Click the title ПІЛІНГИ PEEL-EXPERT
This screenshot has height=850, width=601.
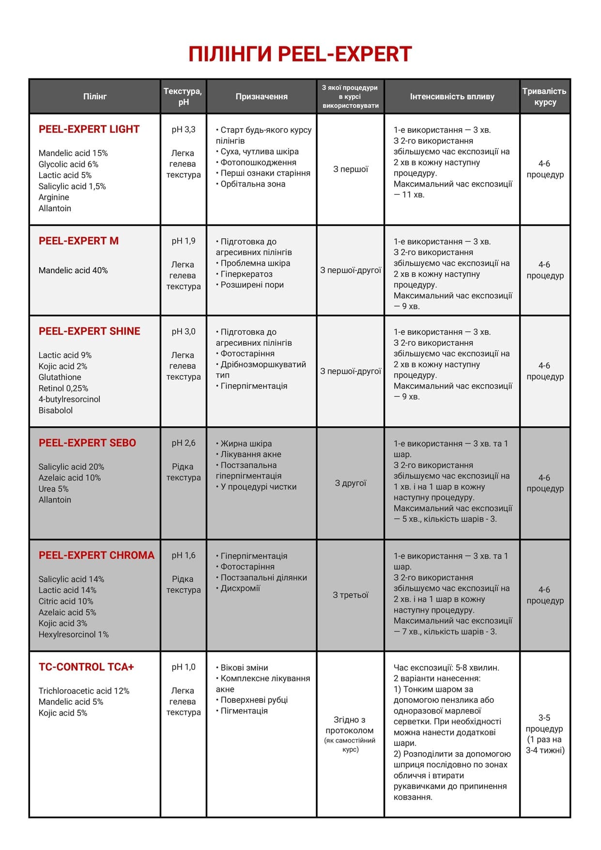(x=300, y=54)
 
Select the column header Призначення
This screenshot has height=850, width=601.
(x=262, y=96)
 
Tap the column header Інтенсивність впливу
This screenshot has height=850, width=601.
(x=452, y=96)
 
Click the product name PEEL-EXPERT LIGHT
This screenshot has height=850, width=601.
(x=89, y=129)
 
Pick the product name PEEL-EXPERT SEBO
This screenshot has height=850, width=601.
(x=87, y=443)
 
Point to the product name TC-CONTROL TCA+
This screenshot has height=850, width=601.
(x=86, y=667)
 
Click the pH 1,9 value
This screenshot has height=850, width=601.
(x=184, y=241)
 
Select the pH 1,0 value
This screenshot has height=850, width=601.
(x=184, y=667)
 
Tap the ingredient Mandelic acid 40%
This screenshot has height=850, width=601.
(x=73, y=270)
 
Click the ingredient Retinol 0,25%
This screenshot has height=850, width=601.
(x=63, y=388)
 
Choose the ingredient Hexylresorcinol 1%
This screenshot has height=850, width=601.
(x=74, y=634)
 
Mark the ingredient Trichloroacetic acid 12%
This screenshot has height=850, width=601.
(x=84, y=691)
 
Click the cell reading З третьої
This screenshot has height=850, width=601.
(x=351, y=595)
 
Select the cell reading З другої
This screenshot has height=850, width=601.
(x=351, y=483)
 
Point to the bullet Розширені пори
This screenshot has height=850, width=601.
(x=252, y=285)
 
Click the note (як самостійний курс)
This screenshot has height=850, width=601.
(x=350, y=745)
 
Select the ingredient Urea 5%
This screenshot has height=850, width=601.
(x=54, y=489)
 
